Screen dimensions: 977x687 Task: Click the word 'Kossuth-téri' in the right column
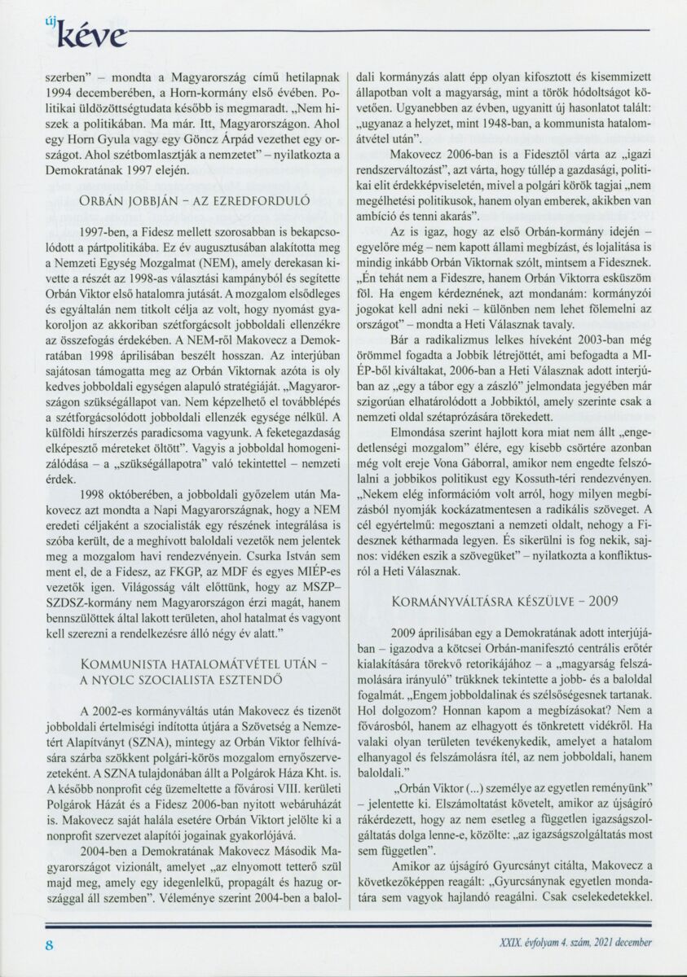526,477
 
